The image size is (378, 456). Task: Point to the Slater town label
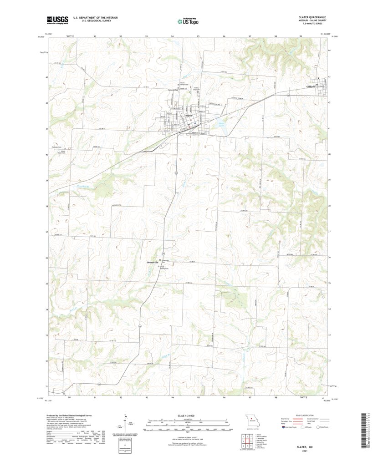tap(190, 116)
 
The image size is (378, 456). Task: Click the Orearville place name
tap(152, 263)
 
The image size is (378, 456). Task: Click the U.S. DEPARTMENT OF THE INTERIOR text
tap(86, 18)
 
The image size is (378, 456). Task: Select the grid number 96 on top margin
tap(225, 35)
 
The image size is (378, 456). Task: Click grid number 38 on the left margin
tap(46, 206)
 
